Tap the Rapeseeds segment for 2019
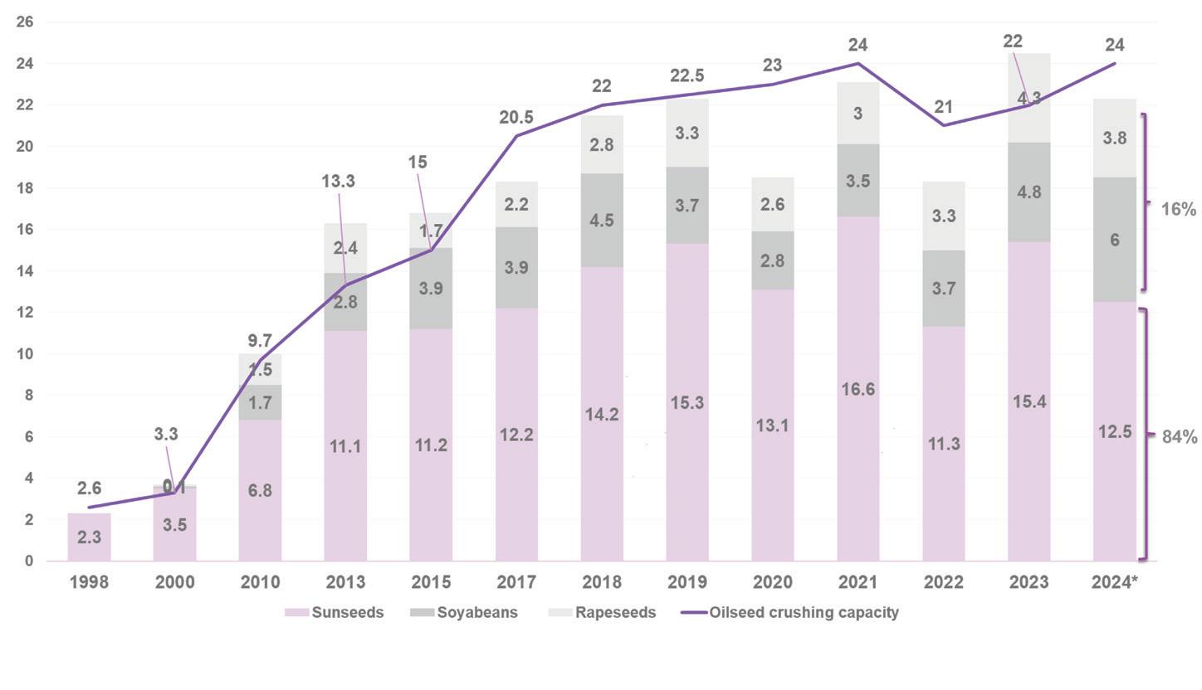point(687,133)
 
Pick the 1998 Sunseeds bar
point(89,537)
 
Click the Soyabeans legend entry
point(464,613)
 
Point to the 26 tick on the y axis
point(25,22)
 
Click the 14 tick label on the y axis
point(25,271)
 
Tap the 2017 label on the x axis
point(516,582)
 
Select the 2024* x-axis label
point(1114,582)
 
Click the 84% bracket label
point(1180,437)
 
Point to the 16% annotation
point(1179,210)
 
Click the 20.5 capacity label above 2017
point(516,118)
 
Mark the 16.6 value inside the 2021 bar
point(858,389)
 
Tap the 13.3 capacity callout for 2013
point(338,182)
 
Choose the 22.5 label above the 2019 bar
point(687,76)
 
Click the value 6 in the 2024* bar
point(1114,240)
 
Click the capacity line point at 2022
point(943,125)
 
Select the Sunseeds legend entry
point(335,613)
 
